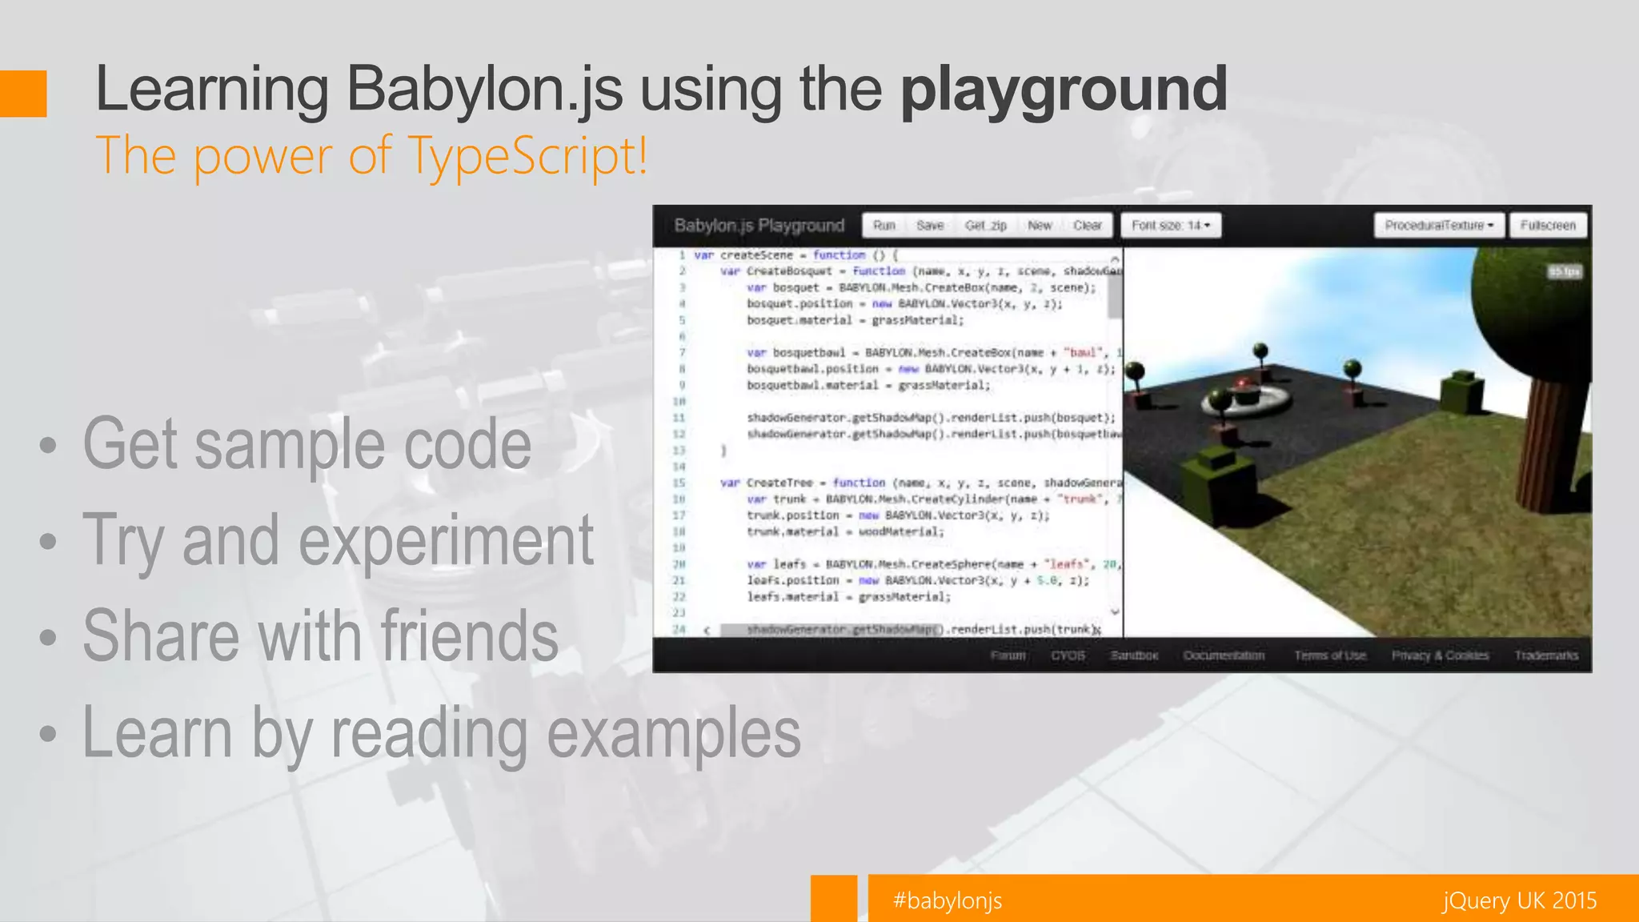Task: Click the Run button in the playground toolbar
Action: tap(884, 226)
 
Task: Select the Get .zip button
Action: tap(985, 226)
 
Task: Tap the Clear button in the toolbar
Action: tap(1087, 226)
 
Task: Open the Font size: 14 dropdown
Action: tap(1170, 226)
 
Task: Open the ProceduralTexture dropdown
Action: tap(1439, 226)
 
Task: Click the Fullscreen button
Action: tap(1548, 226)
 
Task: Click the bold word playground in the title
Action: tap(1064, 90)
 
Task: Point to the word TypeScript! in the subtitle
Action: tap(528, 155)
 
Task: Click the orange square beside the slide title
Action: tap(23, 94)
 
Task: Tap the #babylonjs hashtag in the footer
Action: tap(948, 900)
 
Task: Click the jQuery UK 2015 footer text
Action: tap(1519, 900)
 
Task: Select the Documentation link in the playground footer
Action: tap(1224, 655)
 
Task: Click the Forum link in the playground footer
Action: tap(1008, 655)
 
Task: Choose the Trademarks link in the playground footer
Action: tap(1546, 655)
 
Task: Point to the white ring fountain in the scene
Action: tap(1246, 400)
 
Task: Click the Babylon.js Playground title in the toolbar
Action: tap(759, 226)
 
